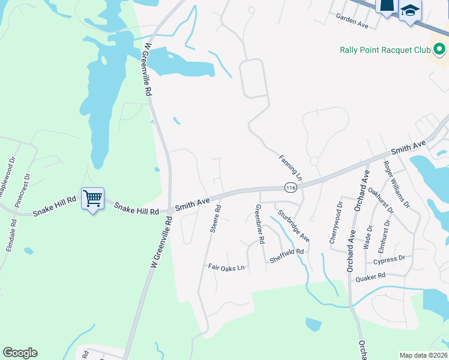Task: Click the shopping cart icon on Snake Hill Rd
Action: point(92,198)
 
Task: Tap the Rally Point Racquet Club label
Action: point(385,50)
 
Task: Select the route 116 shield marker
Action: point(291,188)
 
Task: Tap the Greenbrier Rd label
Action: point(260,224)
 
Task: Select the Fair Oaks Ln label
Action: point(226,267)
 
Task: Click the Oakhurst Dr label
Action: point(381,201)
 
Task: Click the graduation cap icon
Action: point(411,10)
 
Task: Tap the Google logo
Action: point(20,353)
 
